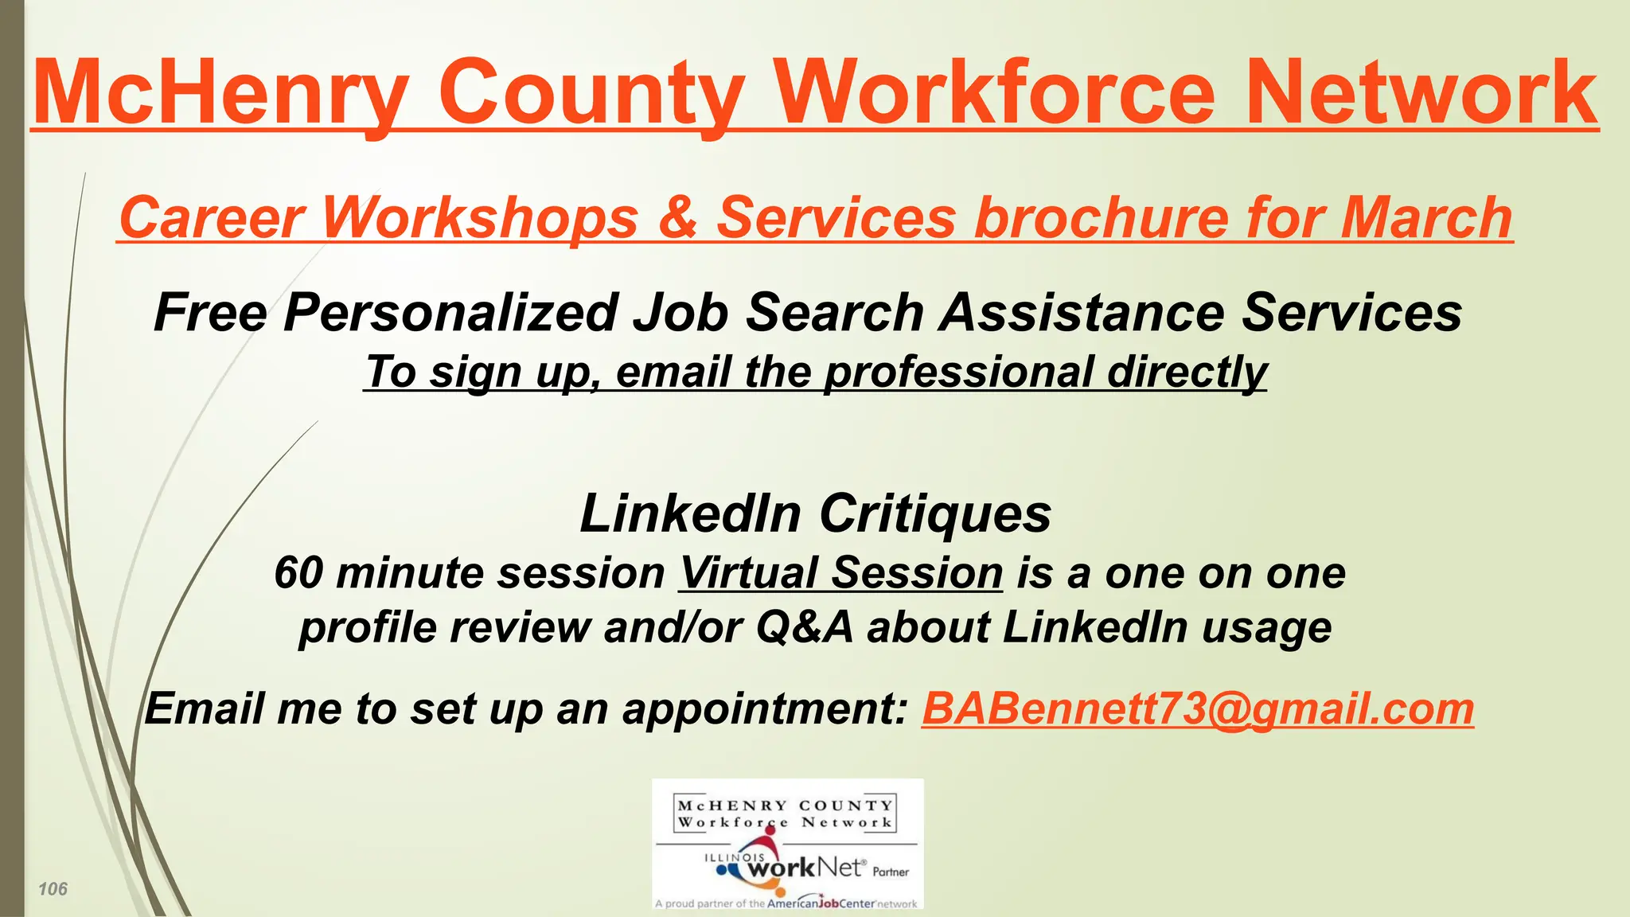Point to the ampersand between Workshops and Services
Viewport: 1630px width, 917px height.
coord(677,217)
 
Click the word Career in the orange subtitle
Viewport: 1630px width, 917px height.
coord(212,217)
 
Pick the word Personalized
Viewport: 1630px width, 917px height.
coord(450,312)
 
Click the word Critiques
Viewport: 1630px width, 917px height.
coord(935,513)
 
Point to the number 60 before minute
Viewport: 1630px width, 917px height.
coord(299,573)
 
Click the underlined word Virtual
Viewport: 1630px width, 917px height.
coord(749,573)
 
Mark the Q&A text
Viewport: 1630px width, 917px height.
coord(804,627)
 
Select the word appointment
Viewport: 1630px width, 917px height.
coord(764,708)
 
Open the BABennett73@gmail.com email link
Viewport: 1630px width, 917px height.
coord(1198,708)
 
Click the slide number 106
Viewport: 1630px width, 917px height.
coord(53,889)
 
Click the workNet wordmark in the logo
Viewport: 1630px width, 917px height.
coord(804,868)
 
